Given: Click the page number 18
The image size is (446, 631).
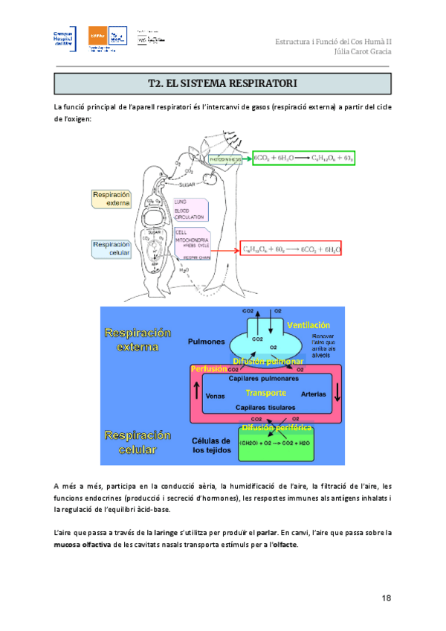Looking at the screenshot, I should coord(386,598).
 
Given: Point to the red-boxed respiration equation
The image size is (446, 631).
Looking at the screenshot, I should coord(291,251).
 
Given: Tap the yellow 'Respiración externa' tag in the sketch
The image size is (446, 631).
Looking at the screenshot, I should coord(111,199).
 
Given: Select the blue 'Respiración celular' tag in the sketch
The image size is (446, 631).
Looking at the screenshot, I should coord(111,249).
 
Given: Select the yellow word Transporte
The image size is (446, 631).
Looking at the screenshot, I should coord(266,393).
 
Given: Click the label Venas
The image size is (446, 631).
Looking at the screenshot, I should coord(216,395).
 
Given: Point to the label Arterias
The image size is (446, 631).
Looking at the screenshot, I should coord(314,394).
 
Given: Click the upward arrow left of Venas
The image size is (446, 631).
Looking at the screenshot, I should coord(196,392).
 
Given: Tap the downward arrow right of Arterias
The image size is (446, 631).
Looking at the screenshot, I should coord(336,393).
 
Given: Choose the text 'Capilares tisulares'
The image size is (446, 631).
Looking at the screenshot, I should coord(264,408).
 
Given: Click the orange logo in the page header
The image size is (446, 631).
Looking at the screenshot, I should coord(97,36).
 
